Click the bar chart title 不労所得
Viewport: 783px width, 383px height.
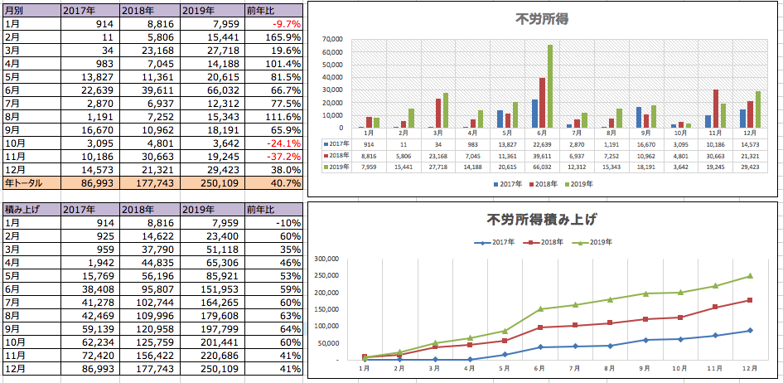coord(543,19)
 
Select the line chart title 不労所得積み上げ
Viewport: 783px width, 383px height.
coord(542,219)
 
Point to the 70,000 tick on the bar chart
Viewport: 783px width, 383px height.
coord(331,40)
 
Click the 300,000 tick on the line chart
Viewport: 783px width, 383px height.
coord(328,259)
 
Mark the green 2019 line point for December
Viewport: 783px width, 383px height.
coord(750,275)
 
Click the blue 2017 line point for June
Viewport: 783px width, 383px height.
coord(539,347)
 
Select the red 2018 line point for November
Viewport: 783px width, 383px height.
coord(714,307)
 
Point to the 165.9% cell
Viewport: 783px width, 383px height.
coord(282,37)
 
